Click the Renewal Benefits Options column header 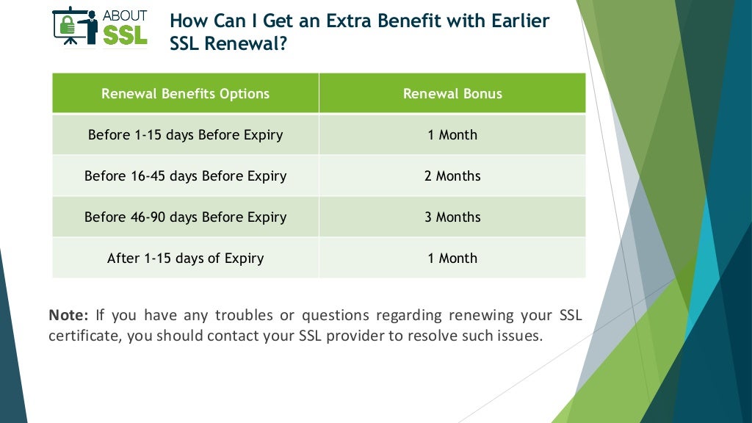(185, 93)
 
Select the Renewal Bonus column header (452, 93)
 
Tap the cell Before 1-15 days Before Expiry (185, 134)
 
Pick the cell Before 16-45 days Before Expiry (185, 176)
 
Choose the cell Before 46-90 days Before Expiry (185, 217)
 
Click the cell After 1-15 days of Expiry (185, 258)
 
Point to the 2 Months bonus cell (452, 176)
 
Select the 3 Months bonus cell (452, 217)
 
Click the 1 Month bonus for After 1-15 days (452, 258)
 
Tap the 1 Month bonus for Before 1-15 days (452, 134)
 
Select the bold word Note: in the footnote (68, 316)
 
